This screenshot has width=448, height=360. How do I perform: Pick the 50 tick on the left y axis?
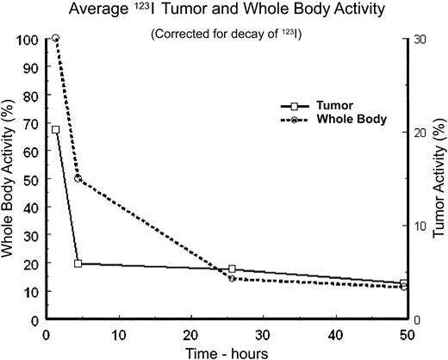pos(32,179)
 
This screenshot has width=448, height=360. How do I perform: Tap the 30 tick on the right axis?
pos(420,40)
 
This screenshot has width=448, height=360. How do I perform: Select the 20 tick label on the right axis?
pos(420,133)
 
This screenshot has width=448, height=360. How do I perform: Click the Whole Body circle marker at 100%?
pos(56,39)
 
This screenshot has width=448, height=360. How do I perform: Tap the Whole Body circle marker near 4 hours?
pos(78,178)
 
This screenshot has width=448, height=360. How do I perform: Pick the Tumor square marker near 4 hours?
pos(78,264)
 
